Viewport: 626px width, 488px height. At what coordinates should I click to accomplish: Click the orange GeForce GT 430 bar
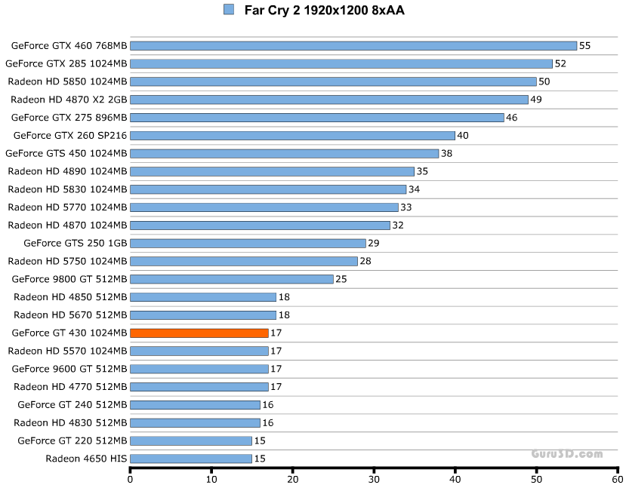coord(199,333)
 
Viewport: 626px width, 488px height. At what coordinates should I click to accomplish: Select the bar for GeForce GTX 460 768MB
coord(353,46)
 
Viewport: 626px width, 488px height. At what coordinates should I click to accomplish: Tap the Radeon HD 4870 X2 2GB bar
coord(329,100)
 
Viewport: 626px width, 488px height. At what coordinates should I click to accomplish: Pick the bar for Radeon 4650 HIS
coord(191,459)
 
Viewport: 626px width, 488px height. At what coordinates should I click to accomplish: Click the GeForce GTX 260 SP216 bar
coord(292,136)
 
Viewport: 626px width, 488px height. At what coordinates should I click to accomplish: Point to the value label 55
coord(584,46)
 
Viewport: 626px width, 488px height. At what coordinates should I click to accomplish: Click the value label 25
coord(341,279)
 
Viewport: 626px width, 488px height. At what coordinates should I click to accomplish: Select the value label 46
coord(511,118)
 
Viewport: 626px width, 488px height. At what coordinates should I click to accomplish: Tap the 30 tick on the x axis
coord(374,478)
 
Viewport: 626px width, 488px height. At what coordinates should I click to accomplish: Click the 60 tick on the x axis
coord(617,478)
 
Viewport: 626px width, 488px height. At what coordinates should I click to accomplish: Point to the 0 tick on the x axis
coord(131,478)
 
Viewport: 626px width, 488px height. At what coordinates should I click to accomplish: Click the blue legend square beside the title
coord(229,10)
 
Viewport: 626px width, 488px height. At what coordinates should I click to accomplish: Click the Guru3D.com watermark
coord(566,454)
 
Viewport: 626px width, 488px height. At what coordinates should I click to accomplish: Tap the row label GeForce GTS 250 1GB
coord(76,244)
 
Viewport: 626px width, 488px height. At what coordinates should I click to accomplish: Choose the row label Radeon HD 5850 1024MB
coord(68,81)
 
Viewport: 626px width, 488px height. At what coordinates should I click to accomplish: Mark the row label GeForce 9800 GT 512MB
coord(69,279)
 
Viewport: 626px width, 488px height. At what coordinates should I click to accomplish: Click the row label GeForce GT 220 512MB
coord(72,440)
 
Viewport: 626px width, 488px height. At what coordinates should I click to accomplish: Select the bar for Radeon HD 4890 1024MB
coord(272,171)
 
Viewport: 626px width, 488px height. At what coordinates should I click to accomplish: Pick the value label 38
coord(446,154)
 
